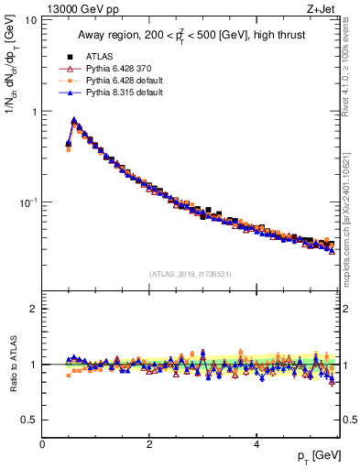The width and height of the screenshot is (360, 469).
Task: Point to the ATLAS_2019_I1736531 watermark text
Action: pos(191,274)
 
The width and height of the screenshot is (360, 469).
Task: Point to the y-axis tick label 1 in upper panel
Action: pos(33,112)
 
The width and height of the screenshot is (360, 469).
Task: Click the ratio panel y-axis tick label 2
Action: pos(33,309)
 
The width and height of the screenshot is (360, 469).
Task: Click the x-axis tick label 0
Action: pos(42,444)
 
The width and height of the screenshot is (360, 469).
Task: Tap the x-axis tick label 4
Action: pos(256,444)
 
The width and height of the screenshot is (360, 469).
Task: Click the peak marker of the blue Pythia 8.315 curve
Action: pos(73,120)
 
